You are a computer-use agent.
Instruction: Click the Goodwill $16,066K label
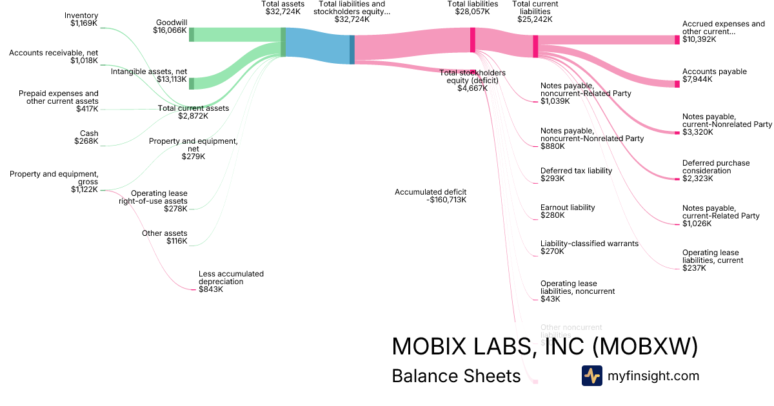coord(170,26)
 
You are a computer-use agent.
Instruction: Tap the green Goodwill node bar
coord(192,35)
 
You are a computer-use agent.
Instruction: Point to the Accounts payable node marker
coord(677,84)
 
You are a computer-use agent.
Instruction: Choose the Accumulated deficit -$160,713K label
coord(430,196)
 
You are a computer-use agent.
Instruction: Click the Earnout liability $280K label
coord(568,211)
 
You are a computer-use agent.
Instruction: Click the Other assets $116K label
coord(164,237)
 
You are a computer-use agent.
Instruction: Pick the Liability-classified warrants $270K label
coord(589,247)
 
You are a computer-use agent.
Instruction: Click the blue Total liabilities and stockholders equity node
coord(352,50)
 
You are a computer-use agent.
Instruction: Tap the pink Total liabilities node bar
coord(473,40)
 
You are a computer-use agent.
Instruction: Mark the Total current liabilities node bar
coord(535,46)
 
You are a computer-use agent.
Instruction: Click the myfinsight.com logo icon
coord(592,376)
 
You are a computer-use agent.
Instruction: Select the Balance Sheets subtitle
coord(456,376)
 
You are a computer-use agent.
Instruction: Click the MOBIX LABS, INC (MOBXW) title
coord(545,347)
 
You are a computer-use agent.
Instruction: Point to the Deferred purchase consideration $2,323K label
coord(716,171)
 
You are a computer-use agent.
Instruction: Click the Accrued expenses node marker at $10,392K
coord(677,40)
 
